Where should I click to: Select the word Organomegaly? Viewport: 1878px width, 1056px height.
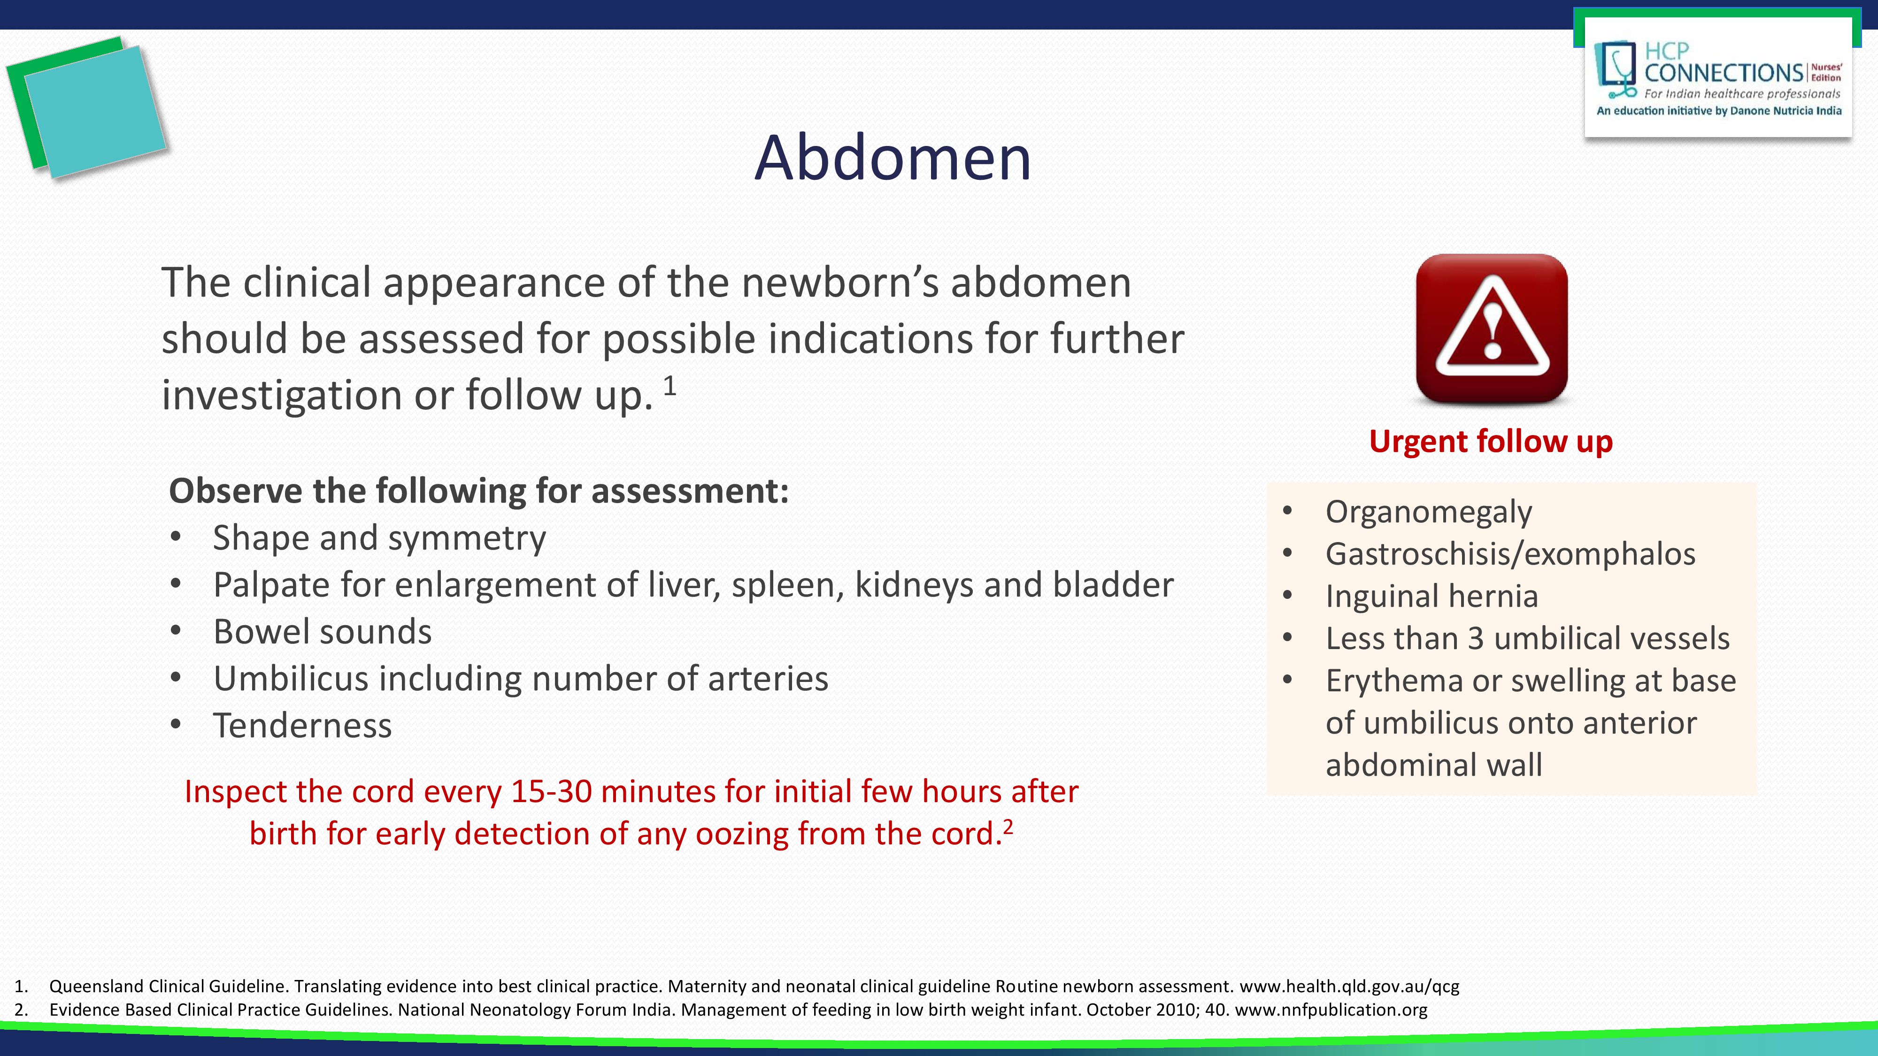(x=1428, y=512)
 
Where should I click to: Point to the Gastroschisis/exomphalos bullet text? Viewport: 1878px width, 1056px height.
(x=1510, y=554)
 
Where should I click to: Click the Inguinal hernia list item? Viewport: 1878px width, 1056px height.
(x=1431, y=596)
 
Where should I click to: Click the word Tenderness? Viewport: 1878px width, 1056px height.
(x=302, y=726)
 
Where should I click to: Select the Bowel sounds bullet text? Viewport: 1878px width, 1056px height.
(x=322, y=632)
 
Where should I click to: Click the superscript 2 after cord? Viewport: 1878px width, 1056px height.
(x=1008, y=826)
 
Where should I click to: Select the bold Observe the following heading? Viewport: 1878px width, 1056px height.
(x=478, y=491)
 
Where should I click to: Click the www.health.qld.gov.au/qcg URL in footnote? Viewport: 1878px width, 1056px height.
(x=1349, y=987)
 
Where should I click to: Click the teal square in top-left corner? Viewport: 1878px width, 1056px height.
(x=95, y=111)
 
